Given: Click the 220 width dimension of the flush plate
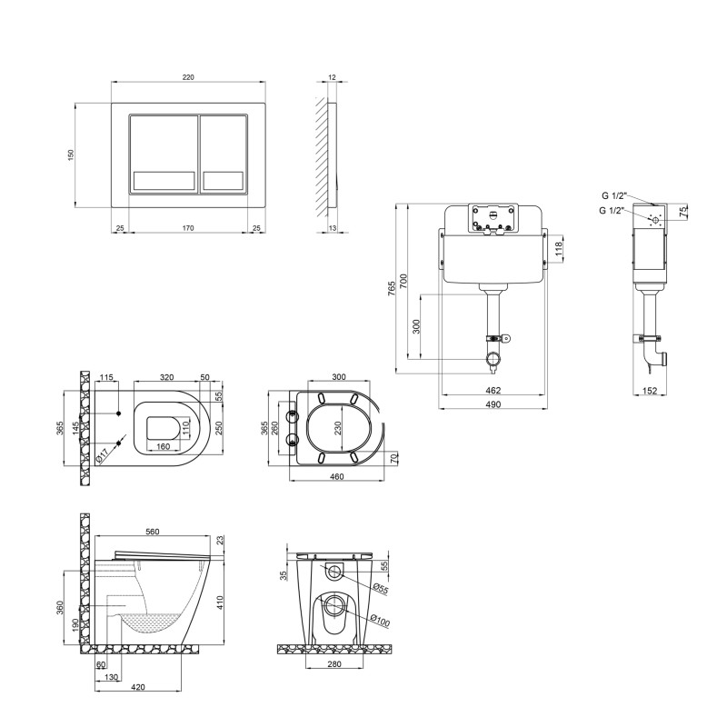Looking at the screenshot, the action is (x=188, y=77).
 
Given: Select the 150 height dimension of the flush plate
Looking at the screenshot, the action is (x=71, y=154).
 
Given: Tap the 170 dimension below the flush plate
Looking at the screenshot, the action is (x=188, y=228).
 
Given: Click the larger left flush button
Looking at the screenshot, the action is (x=164, y=154).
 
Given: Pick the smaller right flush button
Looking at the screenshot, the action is (x=224, y=154).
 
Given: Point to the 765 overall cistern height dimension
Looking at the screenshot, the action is (x=392, y=288).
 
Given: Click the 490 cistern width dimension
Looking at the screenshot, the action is (x=493, y=404).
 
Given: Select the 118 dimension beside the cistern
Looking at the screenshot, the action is (x=558, y=248).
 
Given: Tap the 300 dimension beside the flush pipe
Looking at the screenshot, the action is (x=416, y=326).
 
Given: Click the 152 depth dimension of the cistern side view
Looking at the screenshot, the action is (x=650, y=391).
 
